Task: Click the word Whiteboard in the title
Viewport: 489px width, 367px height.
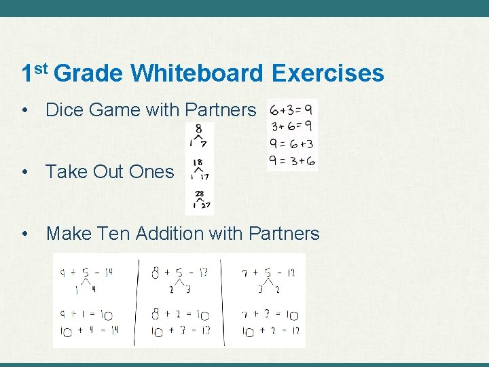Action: click(197, 73)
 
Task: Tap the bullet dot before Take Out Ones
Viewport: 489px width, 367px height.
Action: click(25, 172)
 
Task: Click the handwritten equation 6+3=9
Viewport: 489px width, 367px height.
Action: click(291, 109)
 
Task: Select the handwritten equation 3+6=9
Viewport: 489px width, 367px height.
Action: click(292, 126)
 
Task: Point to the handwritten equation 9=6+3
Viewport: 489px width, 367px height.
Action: click(292, 143)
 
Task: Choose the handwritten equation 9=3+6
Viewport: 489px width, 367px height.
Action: click(292, 160)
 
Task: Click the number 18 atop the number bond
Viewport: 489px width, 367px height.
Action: click(198, 162)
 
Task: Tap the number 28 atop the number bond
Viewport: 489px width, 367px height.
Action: click(200, 194)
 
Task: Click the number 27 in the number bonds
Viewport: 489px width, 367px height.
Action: click(205, 205)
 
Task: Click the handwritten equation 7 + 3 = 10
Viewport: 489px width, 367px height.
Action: click(270, 315)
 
